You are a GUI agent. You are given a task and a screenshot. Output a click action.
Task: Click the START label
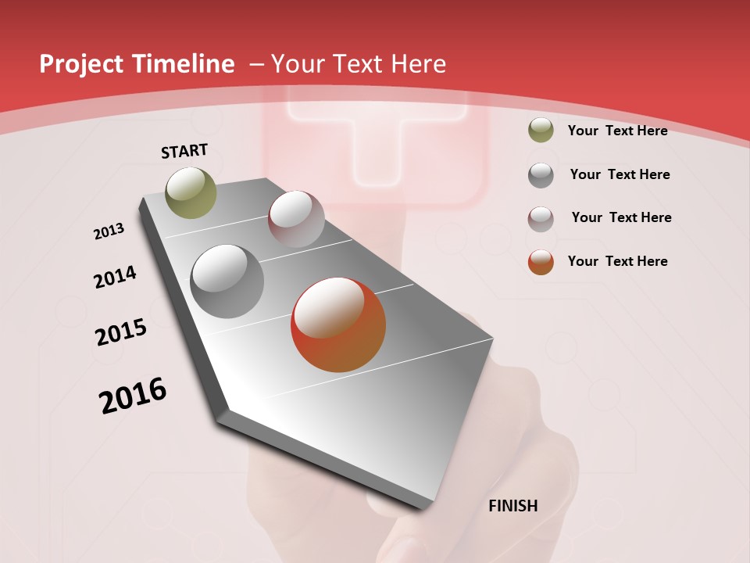tap(184, 151)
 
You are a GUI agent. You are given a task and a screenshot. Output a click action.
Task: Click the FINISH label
tap(512, 506)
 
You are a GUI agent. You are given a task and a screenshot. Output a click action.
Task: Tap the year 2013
tap(109, 231)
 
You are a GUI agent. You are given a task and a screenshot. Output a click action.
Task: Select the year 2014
tap(116, 277)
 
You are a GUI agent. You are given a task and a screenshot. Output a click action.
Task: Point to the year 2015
tap(121, 332)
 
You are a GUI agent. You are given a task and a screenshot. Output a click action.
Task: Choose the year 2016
tap(133, 395)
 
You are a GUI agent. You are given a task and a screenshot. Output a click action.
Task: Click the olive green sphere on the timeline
tap(191, 192)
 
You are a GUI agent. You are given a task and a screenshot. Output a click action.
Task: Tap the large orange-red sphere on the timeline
tap(338, 325)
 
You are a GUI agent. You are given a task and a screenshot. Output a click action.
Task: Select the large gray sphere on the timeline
tap(227, 281)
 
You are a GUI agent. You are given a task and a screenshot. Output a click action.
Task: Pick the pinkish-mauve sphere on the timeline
tap(296, 219)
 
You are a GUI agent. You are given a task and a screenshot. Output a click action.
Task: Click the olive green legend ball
tap(541, 131)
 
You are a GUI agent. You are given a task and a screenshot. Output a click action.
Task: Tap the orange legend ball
tap(541, 262)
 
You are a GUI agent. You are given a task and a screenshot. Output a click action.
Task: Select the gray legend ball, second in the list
tap(541, 175)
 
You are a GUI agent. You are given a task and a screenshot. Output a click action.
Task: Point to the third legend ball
tap(541, 219)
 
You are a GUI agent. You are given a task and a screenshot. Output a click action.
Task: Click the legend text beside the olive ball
tap(617, 131)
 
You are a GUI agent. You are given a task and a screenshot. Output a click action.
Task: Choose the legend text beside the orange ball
tap(617, 261)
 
